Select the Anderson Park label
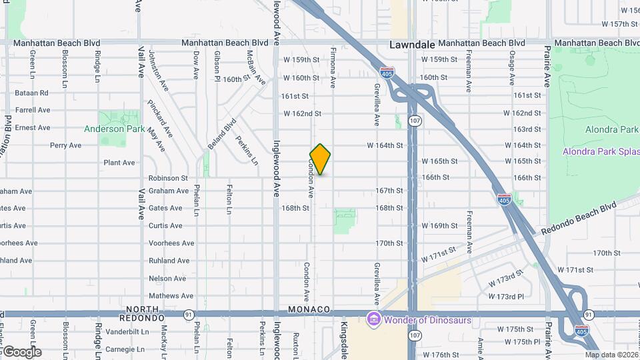click(114, 129)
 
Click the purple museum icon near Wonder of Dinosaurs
click(373, 320)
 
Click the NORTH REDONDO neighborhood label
click(144, 313)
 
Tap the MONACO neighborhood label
click(309, 309)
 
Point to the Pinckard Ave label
click(160, 119)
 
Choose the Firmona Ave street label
click(333, 67)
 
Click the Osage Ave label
click(512, 69)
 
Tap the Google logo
click(22, 351)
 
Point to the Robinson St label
click(168, 178)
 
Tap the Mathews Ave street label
click(171, 296)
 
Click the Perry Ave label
click(65, 145)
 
